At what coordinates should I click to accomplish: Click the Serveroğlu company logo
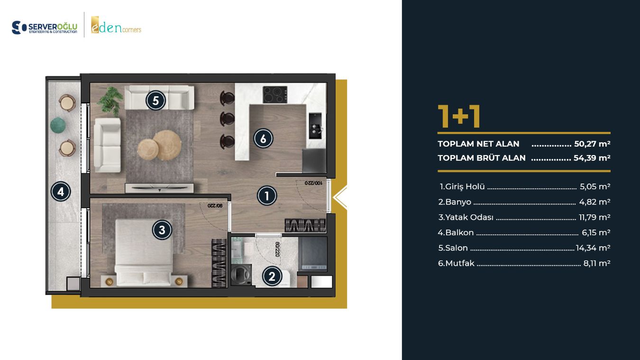tap(45, 28)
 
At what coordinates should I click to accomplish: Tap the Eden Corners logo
tap(116, 25)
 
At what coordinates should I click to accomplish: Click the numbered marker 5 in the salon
tap(155, 101)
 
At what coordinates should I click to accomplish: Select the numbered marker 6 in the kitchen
tap(264, 138)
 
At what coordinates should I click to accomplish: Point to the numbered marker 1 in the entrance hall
tap(267, 196)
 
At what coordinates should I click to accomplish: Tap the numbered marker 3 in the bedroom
tap(162, 230)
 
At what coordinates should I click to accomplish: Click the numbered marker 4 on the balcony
tap(61, 192)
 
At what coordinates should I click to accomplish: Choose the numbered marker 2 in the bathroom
tap(272, 277)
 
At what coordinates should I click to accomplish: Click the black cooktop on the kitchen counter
tap(275, 94)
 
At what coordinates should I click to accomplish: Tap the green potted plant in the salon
tap(109, 102)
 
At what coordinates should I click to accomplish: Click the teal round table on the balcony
tap(58, 125)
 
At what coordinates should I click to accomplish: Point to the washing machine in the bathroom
tap(241, 275)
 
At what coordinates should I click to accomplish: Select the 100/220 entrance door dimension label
tap(313, 183)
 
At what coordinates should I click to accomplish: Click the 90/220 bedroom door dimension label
tap(215, 205)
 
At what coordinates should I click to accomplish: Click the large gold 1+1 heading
tap(459, 116)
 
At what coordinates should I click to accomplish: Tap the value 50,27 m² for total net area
tap(592, 144)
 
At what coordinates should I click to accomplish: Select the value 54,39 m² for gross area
tap(592, 158)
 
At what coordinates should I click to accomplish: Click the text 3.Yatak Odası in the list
tap(466, 217)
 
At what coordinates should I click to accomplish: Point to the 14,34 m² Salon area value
tap(593, 248)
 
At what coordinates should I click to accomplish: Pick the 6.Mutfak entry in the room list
tap(456, 263)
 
